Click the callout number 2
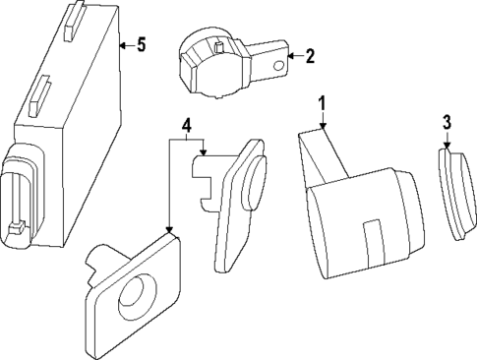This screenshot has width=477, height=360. (309, 56)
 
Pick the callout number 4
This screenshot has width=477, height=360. (186, 125)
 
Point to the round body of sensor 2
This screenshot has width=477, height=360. (208, 67)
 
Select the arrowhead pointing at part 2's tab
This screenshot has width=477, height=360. (292, 57)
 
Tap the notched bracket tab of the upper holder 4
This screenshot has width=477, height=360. (204, 183)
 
